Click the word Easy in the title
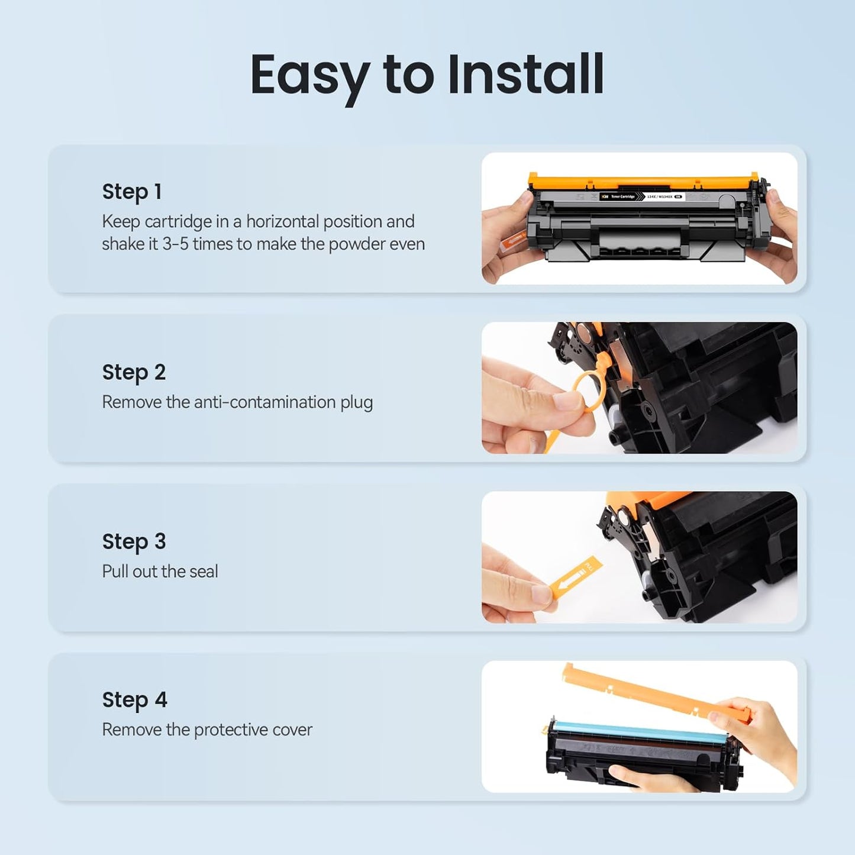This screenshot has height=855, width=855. [x=309, y=76]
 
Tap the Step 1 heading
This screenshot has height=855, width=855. [x=131, y=192]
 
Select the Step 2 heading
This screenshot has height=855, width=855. [x=134, y=372]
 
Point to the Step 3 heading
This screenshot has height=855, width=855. [x=134, y=541]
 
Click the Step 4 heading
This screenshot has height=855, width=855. [x=134, y=699]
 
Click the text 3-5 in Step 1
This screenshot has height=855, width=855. [x=175, y=244]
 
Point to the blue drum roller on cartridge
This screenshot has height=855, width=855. [x=639, y=734]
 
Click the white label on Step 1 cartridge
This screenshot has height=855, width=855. [x=642, y=196]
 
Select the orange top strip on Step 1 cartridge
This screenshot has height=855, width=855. [x=642, y=180]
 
